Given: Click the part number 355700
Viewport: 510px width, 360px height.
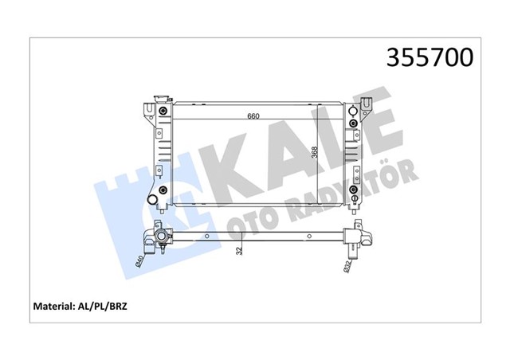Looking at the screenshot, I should (x=430, y=57).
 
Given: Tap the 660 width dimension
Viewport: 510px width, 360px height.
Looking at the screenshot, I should (x=253, y=116).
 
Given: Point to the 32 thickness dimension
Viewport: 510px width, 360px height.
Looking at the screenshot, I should (x=240, y=249).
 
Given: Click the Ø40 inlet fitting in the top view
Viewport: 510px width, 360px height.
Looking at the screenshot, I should (x=162, y=237).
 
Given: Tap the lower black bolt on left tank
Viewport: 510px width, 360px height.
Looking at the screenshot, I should (x=163, y=190).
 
